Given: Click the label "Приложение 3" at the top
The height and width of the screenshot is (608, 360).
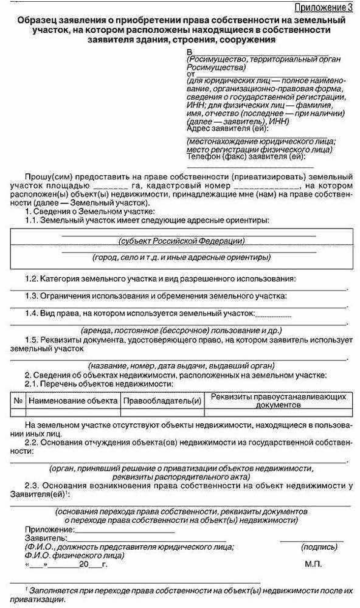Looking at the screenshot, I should (x=323, y=7).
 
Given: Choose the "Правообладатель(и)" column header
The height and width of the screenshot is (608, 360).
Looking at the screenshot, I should (x=162, y=401).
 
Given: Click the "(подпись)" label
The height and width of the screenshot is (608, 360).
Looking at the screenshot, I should (x=319, y=547).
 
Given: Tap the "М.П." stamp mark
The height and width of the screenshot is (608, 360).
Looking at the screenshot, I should (x=314, y=564).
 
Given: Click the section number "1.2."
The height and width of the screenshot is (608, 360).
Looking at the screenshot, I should (x=32, y=278).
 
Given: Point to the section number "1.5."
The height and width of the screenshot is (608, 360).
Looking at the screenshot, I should (x=32, y=340).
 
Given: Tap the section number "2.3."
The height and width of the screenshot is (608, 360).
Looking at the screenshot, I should (x=32, y=485).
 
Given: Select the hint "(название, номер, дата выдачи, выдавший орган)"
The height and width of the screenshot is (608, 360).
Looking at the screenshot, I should (x=181, y=366).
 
